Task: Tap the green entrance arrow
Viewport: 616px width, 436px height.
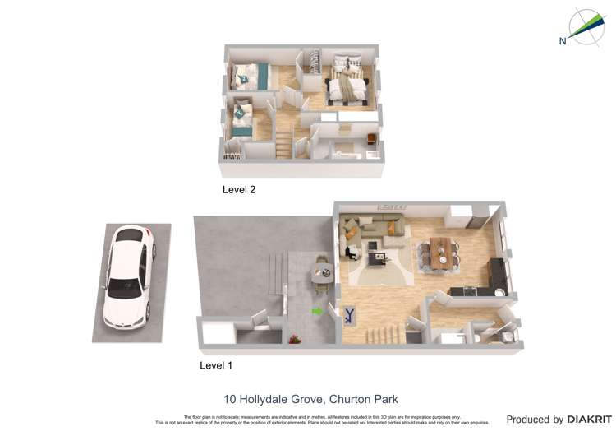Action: [x=317, y=311]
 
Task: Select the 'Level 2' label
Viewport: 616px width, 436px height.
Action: [x=239, y=189]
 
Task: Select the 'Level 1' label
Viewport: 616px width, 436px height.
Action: [x=217, y=365]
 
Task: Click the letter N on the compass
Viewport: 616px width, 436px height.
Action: [x=563, y=41]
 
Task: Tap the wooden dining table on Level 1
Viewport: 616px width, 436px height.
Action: [x=441, y=251]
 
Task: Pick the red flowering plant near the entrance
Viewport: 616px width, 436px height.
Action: [x=293, y=338]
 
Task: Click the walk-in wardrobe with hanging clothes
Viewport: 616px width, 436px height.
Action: [x=312, y=66]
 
